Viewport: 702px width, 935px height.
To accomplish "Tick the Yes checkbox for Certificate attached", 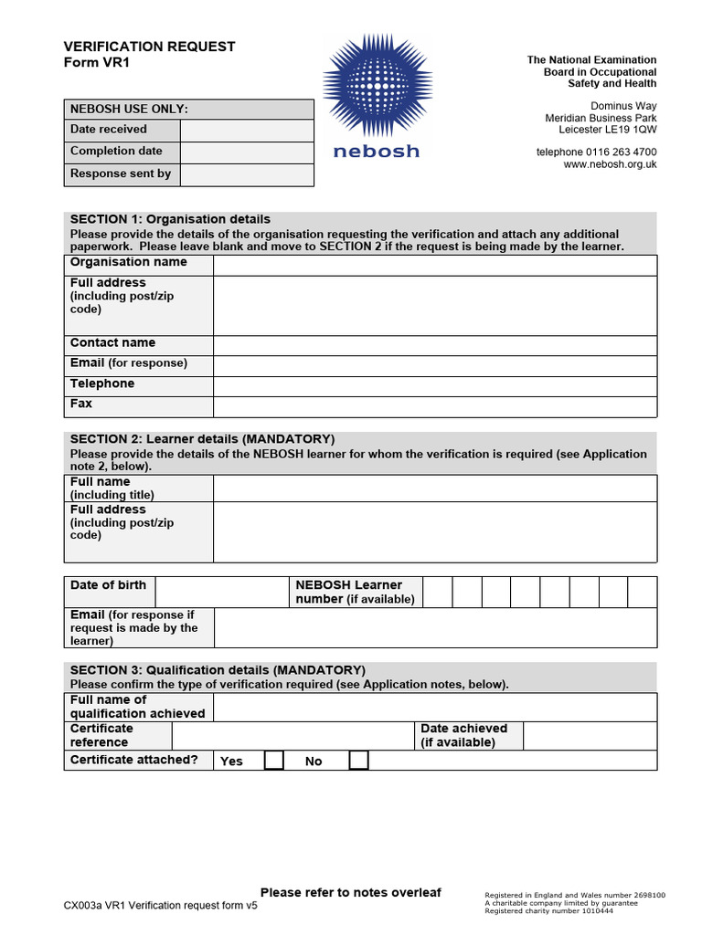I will pos(273,761).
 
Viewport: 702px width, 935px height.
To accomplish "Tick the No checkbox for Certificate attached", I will pos(359,761).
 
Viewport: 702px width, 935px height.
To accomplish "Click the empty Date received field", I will pos(247,130).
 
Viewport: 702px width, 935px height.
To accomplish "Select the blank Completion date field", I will pos(247,152).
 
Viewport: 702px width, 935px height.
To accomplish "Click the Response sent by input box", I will pos(247,173).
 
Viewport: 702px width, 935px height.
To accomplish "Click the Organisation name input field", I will pos(434,265).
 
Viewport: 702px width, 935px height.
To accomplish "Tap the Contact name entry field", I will pos(434,344).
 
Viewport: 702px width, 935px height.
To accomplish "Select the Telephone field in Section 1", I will pos(434,385).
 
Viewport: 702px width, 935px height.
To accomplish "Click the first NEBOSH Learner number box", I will pos(438,592).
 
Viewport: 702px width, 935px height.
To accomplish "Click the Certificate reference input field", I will pos(292,736).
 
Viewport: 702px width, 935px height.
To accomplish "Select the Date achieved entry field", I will pos(590,736).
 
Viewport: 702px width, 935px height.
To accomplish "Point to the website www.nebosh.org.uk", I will pos(610,164).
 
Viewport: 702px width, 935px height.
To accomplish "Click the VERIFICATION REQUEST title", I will pos(149,47).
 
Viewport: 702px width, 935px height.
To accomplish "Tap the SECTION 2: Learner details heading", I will pos(202,439).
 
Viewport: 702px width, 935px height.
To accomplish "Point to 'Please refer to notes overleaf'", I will pos(351,892).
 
